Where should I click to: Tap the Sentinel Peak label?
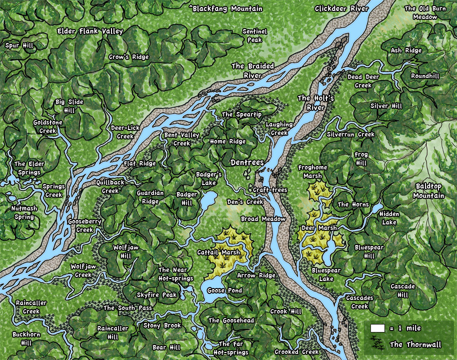[254, 35]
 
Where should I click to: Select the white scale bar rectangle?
[377, 328]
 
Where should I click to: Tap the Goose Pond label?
[224, 290]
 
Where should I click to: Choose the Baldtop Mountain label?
[428, 190]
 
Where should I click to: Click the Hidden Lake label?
[388, 218]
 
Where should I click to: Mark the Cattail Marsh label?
[218, 252]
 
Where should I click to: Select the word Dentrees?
[246, 163]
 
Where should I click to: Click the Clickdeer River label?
[342, 8]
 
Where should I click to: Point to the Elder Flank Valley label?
[90, 31]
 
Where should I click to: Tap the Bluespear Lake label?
[326, 274]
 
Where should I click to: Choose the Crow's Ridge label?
[128, 57]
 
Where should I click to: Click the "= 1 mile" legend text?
[405, 328]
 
